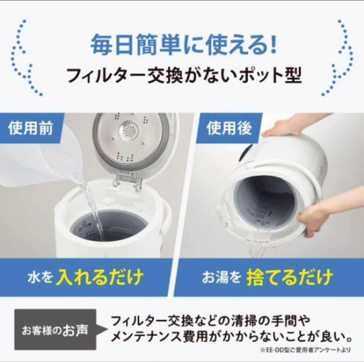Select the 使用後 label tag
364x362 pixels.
click(x=229, y=129)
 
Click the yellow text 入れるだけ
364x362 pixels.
click(x=99, y=277)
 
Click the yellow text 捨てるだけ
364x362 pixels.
click(x=289, y=277)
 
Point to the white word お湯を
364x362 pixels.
click(x=221, y=278)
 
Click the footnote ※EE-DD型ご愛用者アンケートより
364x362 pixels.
click(x=305, y=350)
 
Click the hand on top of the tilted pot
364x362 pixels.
click(x=286, y=126)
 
